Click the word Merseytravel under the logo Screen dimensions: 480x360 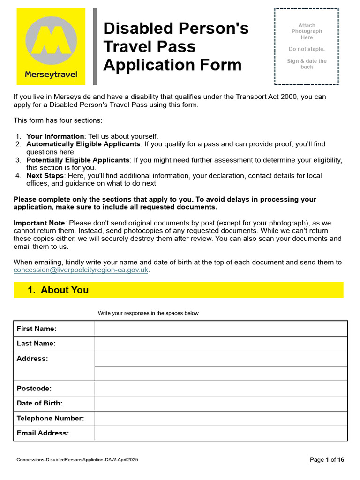(51, 75)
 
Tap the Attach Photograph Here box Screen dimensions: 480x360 (307, 46)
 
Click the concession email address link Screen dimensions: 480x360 (81, 270)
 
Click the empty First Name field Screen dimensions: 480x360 (221, 329)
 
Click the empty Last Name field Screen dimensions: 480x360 (221, 344)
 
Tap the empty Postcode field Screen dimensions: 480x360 (221, 389)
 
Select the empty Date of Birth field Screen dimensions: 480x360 (221, 404)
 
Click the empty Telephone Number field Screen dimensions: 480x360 (221, 419)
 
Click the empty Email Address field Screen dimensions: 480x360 (221, 434)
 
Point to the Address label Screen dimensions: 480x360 (32, 359)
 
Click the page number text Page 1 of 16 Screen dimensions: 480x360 (327, 460)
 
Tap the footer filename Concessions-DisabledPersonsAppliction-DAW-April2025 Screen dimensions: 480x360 (77, 460)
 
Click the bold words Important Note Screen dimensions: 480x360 (38, 223)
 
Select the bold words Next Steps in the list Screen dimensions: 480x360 (45, 176)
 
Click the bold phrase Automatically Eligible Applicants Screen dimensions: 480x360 (83, 144)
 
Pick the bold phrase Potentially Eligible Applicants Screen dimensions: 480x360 (78, 160)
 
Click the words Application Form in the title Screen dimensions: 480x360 (172, 65)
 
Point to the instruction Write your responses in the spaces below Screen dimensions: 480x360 (148, 313)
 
